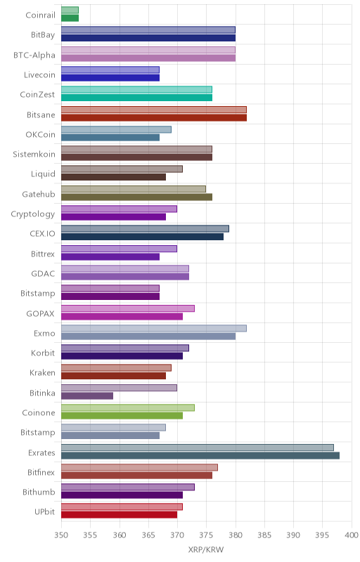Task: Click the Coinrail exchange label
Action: [x=41, y=15]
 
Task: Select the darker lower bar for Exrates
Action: [x=200, y=455]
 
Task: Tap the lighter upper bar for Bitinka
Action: [x=119, y=388]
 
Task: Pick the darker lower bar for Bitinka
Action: [x=87, y=396]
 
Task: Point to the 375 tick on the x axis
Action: [x=206, y=535]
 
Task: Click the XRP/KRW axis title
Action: [x=206, y=550]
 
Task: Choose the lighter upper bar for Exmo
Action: [x=154, y=328]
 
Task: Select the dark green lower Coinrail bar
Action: [x=70, y=18]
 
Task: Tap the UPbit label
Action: [x=45, y=512]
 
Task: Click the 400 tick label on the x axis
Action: [x=352, y=535]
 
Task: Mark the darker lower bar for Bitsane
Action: [x=154, y=117]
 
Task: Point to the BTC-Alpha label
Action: [x=34, y=55]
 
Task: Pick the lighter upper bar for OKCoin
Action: [x=116, y=129]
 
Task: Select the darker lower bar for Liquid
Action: [x=114, y=177]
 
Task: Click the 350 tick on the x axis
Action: [x=61, y=535]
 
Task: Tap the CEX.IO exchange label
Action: [x=43, y=234]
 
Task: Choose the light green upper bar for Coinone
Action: [x=128, y=407]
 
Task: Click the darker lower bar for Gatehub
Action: [x=136, y=197]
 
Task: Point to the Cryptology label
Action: [x=33, y=214]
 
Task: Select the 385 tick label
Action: [x=264, y=535]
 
